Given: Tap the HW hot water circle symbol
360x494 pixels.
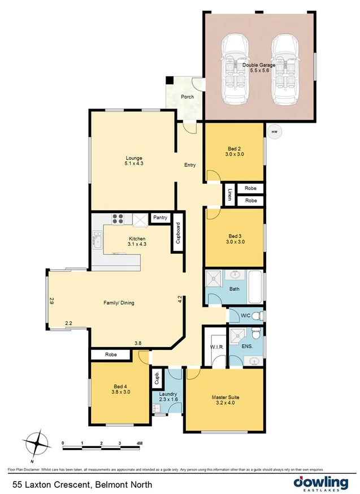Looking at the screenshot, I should pos(275,132).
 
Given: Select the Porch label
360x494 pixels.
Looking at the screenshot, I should pos(187,97).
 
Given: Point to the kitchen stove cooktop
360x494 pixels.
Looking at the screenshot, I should pos(119,219).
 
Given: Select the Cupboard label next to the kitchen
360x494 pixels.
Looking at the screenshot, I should pos(178,232).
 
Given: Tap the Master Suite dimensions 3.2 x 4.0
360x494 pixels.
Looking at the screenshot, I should pos(225,404).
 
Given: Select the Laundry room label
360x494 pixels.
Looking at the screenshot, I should pos(168,394).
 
